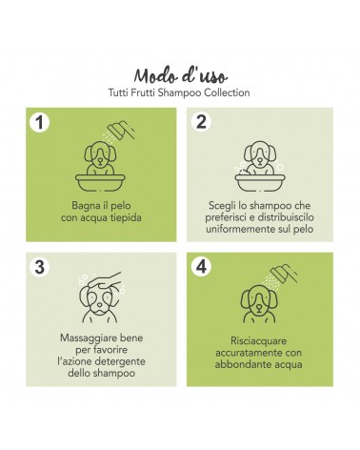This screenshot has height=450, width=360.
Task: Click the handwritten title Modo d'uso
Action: click(180, 76)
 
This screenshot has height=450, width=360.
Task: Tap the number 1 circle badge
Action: click(39, 122)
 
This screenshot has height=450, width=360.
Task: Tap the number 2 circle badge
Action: click(201, 121)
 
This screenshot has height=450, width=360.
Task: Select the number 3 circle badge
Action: click(39, 267)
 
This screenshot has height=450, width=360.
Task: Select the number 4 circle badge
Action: click(201, 266)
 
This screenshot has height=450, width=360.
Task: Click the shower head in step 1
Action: click(121, 131)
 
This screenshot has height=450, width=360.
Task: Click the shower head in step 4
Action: click(284, 273)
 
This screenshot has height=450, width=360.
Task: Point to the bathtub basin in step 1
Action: click(100, 182)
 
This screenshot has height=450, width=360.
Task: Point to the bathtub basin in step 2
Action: click(260, 182)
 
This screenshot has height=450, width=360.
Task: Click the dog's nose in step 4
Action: click(259, 307)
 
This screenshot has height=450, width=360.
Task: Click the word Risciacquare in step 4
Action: click(258, 341)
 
